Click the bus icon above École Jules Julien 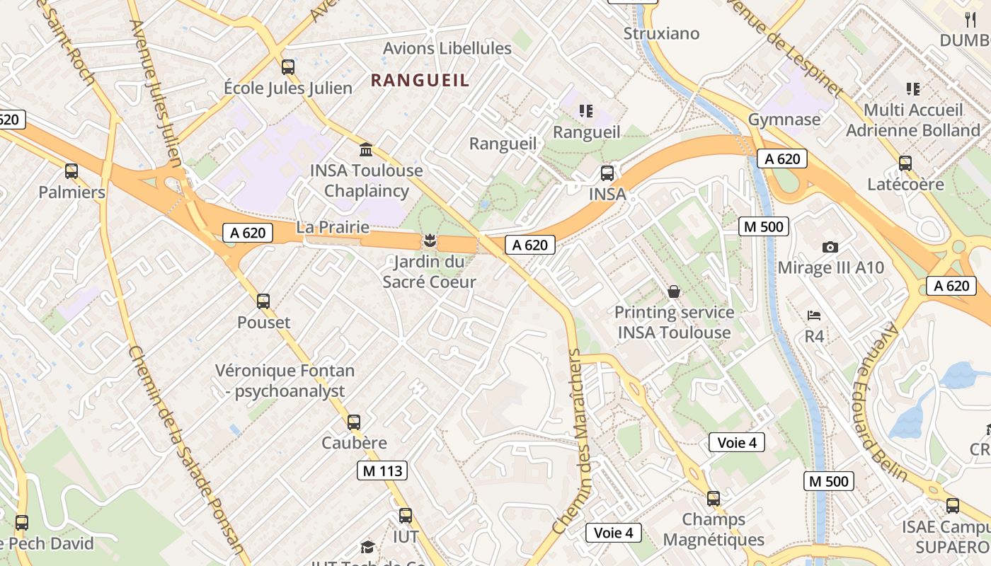coord(288,67)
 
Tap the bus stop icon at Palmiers coord(71,171)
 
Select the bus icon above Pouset coord(263,301)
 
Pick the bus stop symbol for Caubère coord(354,422)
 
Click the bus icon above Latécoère coord(905,163)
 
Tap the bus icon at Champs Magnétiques coord(714,499)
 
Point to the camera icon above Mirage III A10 coord(830,247)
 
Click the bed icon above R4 coord(814,315)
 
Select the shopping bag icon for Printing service coord(674,291)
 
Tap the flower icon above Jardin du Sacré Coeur coord(429,241)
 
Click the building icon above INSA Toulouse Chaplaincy coord(366,149)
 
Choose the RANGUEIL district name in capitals coord(420,81)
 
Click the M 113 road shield coord(382,470)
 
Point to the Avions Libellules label coord(447,48)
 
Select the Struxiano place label coord(661,33)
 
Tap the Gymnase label coord(784,119)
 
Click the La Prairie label coord(333,227)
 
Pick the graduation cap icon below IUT coord(367,547)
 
